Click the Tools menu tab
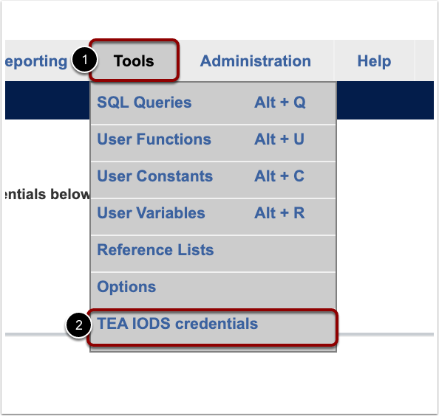134,60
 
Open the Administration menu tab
255,60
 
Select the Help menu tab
374,60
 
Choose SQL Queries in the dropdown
144,103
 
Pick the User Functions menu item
154,139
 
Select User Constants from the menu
154,176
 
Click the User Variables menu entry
151,213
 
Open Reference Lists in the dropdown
155,250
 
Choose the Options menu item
126,287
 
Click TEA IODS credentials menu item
177,324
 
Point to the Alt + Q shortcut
279,103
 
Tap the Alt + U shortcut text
279,139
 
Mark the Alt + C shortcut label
279,176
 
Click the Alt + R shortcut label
279,213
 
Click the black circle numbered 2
78,325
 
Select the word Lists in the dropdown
194,250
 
